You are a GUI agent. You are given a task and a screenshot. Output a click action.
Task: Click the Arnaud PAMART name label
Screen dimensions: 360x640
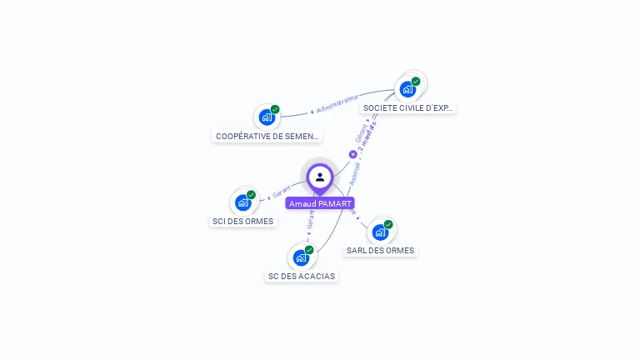320,203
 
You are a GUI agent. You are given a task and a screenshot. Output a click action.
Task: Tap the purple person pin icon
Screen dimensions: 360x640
320,177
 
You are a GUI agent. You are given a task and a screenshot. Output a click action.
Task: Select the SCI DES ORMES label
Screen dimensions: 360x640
242,222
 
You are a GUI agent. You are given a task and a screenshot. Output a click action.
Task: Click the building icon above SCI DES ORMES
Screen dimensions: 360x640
242,202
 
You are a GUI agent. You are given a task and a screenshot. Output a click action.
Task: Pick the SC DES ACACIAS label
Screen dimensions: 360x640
302,277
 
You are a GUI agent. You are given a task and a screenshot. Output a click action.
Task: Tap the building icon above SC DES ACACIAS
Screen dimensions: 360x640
301,257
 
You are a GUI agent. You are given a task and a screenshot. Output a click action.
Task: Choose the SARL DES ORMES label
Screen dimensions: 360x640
380,250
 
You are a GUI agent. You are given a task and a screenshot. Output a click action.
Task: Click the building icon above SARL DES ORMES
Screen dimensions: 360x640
380,232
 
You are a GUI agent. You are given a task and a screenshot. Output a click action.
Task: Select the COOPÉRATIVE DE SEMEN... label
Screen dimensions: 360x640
267,136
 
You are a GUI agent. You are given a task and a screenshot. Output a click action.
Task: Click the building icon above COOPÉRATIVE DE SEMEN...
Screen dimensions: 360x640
267,117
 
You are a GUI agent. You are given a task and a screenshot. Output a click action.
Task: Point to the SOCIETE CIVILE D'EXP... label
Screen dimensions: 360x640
408,108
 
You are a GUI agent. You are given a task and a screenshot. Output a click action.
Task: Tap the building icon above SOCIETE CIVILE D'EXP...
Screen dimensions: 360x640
407,88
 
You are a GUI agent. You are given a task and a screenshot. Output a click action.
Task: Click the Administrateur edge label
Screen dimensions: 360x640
337,104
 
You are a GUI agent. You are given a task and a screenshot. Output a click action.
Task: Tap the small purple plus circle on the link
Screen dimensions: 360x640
352,154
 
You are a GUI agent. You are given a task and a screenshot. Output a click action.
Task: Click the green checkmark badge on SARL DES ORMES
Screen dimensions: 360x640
388,224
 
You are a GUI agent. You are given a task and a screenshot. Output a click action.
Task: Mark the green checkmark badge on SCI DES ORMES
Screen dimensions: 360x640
251,195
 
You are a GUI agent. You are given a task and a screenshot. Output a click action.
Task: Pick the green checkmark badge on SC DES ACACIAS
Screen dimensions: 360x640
309,250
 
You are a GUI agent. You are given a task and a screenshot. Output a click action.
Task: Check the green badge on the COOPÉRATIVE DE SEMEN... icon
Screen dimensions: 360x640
275,109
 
